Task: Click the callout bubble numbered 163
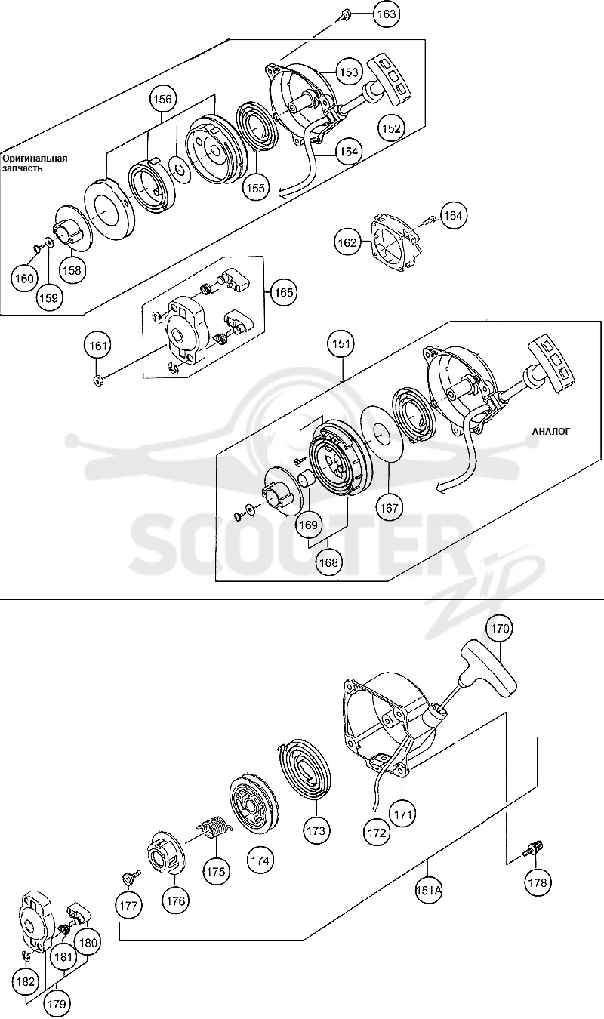tap(387, 14)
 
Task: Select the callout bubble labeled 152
tap(391, 128)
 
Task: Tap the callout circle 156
tap(163, 99)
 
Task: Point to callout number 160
tap(25, 279)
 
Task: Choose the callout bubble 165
tap(284, 292)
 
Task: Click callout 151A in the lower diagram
tap(428, 890)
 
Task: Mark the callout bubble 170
tap(500, 628)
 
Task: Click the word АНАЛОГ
tap(550, 431)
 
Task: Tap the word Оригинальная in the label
tap(35, 159)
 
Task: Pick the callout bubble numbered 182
tap(25, 981)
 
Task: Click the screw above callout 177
tap(132, 876)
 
